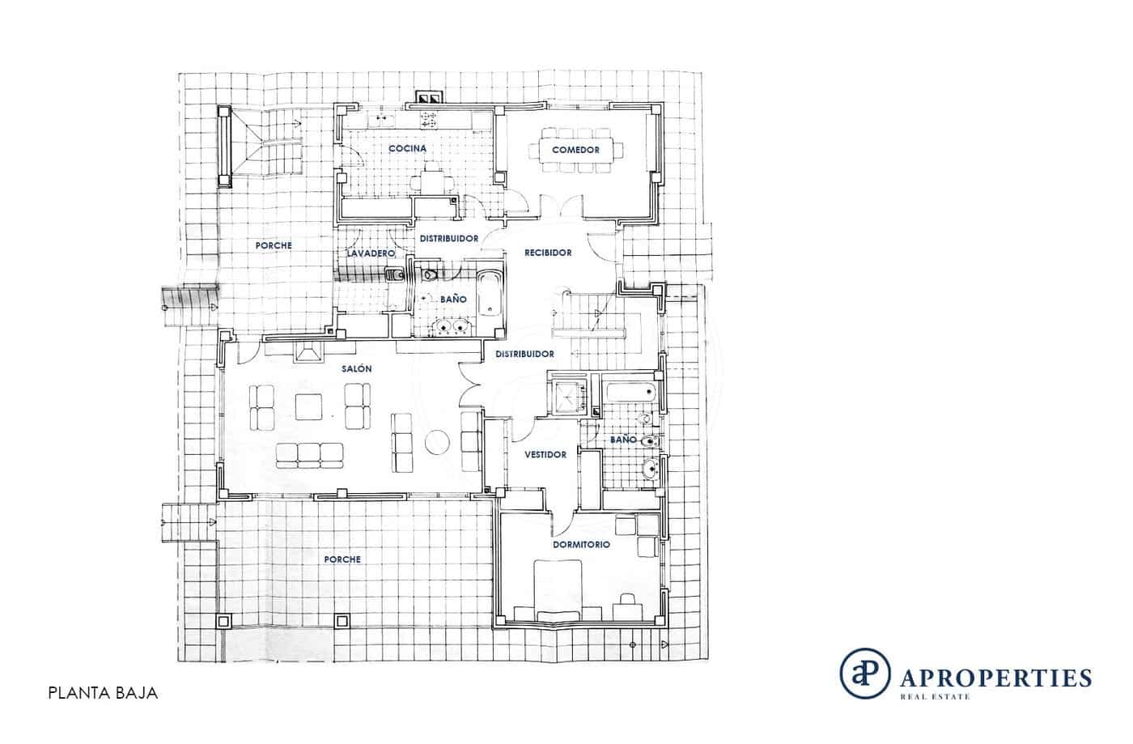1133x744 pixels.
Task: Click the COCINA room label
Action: (x=407, y=149)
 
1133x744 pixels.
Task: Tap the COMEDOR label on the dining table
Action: (x=575, y=151)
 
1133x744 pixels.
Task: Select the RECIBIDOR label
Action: (x=548, y=253)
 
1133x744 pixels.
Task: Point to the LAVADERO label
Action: (x=371, y=254)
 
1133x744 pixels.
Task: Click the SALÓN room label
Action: (x=356, y=368)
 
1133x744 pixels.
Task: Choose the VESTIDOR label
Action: (x=545, y=455)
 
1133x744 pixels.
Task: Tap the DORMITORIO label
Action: (x=581, y=545)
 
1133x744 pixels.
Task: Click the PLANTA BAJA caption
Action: (x=101, y=694)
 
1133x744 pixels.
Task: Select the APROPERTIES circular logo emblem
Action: (x=864, y=672)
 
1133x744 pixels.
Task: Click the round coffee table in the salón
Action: (x=439, y=442)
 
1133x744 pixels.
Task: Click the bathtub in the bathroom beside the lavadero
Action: (x=488, y=295)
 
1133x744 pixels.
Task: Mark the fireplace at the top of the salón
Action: (x=309, y=352)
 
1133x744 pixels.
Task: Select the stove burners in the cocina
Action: (x=426, y=121)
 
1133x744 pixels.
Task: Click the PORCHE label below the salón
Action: (x=342, y=559)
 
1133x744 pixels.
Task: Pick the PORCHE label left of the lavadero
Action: (x=274, y=245)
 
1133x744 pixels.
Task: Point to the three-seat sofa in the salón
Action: (x=308, y=455)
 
